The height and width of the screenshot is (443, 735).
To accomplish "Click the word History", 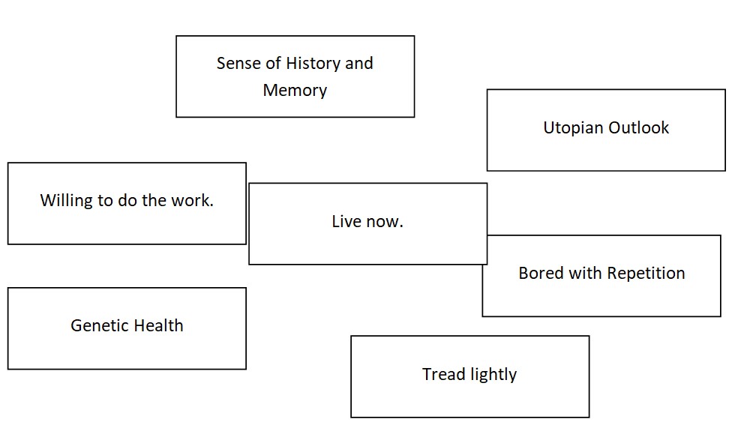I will [x=313, y=64].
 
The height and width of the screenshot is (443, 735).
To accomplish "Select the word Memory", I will [x=295, y=91].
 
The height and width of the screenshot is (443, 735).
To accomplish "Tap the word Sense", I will [x=238, y=64].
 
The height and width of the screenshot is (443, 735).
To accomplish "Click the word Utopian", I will [x=572, y=128].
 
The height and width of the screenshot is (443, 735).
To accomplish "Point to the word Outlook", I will [x=638, y=128].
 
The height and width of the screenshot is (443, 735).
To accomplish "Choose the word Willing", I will [x=64, y=201].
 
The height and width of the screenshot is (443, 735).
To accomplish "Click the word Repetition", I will [x=646, y=273].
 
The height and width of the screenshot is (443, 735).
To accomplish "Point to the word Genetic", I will [x=95, y=326].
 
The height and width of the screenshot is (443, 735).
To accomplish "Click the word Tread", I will [x=442, y=374].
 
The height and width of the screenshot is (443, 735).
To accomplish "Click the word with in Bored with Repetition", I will [x=585, y=273].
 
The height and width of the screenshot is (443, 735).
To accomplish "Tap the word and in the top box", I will [x=358, y=64].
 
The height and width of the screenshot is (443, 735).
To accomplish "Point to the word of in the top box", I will [x=273, y=64].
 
